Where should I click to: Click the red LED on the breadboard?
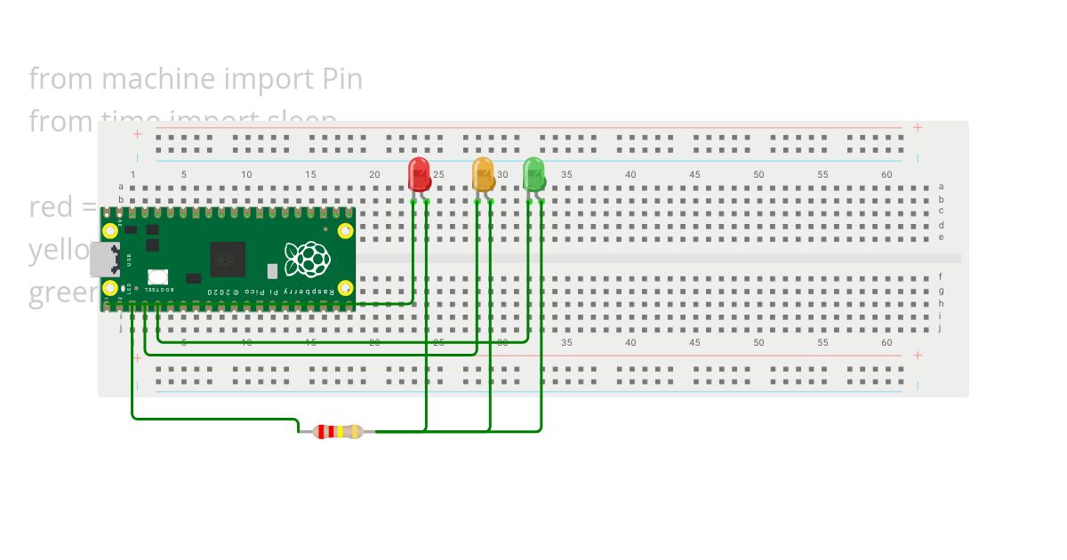419,173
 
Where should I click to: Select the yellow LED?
483,173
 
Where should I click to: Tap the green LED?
533,173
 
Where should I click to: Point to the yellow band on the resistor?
340,432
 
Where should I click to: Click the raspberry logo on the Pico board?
307,259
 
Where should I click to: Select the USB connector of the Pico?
103,259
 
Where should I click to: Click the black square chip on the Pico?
227,259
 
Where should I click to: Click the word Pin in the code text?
341,79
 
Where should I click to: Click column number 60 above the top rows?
886,175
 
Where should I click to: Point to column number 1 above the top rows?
133,175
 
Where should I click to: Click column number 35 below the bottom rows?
566,343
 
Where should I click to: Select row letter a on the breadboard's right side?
941,187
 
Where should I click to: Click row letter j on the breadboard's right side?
941,328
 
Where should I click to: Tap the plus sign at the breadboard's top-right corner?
918,128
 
